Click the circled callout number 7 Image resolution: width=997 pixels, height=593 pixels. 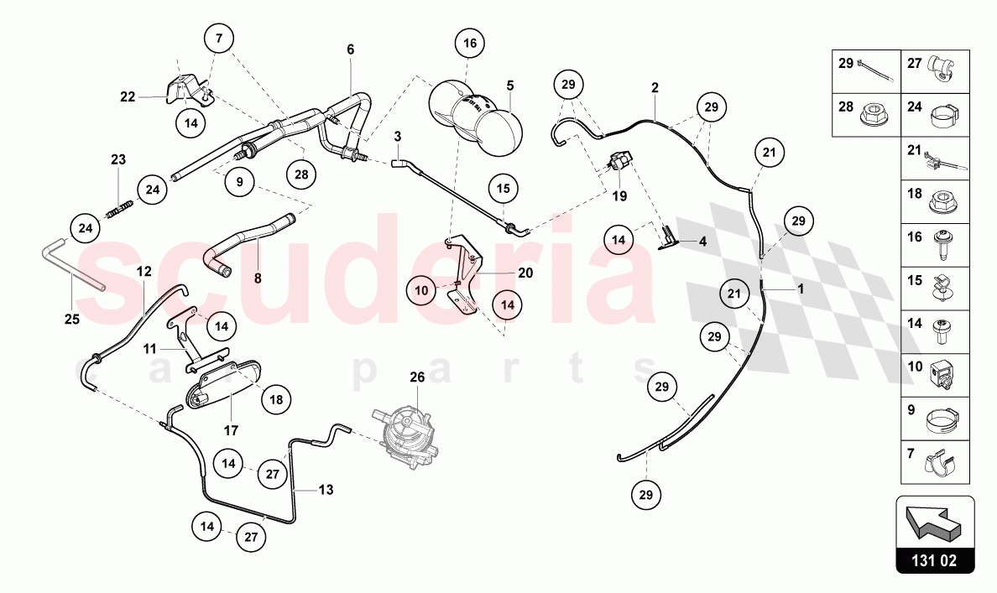click(219, 39)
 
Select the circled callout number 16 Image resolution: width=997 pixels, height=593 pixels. click(470, 44)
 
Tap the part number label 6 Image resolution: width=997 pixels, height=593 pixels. click(350, 49)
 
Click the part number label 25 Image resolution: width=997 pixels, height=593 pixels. click(72, 319)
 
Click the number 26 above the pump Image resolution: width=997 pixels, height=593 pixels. click(417, 377)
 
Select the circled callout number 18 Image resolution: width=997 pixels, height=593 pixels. click(276, 400)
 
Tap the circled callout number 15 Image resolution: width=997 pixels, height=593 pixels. click(503, 189)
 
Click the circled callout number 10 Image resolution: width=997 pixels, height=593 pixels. click(421, 291)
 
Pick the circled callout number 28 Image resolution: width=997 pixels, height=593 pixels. click(301, 174)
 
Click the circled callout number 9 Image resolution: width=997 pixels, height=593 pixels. click(240, 182)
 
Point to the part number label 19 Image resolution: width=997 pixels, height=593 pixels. click(619, 196)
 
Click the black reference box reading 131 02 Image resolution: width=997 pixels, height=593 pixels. click(935, 560)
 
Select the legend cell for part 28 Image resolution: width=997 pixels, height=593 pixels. click(867, 115)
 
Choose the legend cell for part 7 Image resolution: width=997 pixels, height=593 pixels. click(936, 462)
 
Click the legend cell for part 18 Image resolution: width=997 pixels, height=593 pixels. click(936, 201)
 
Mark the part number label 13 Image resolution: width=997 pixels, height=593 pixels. click(326, 490)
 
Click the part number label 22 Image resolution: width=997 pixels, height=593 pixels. click(128, 96)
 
